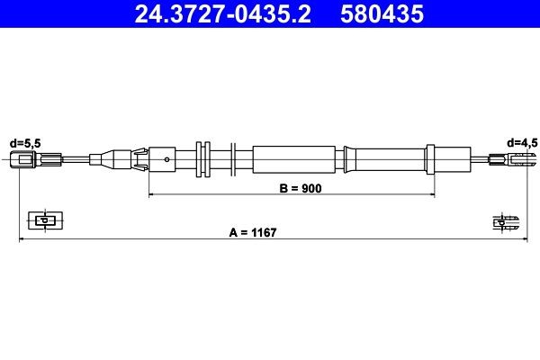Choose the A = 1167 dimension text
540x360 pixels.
click(x=251, y=232)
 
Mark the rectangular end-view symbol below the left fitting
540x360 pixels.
click(x=41, y=220)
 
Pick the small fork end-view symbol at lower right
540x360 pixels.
click(x=504, y=220)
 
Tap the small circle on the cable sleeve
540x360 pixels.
click(x=168, y=160)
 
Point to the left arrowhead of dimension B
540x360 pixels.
click(x=151, y=194)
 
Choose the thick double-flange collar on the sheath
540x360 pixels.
click(x=202, y=160)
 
